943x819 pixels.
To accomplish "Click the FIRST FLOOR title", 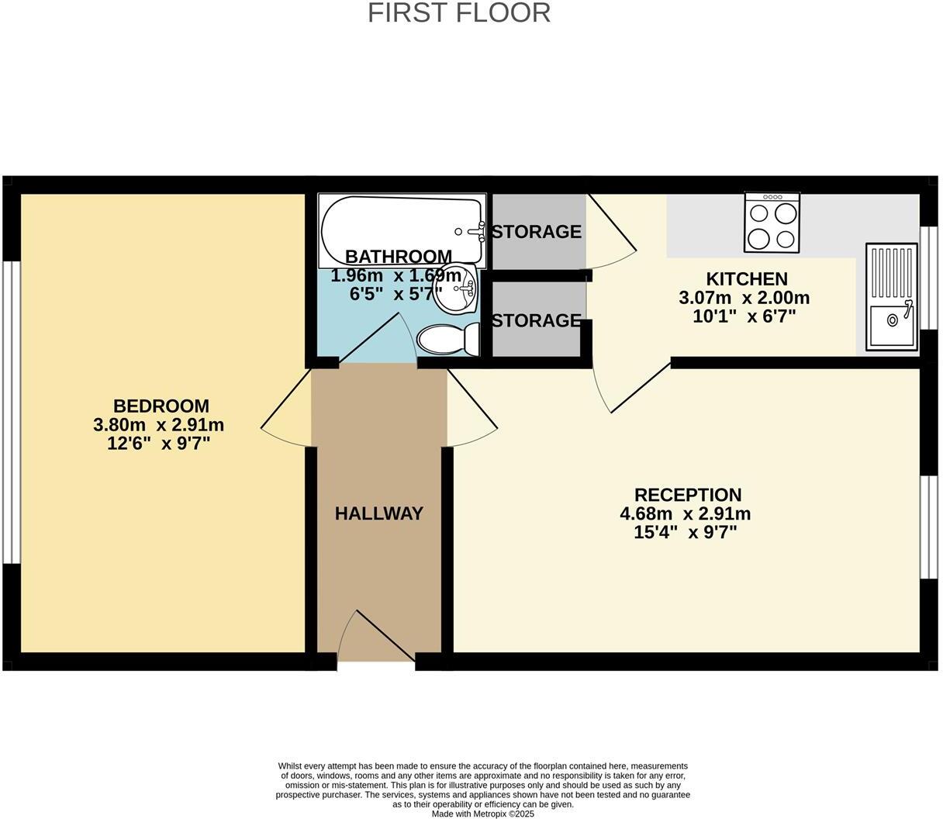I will click(459, 13).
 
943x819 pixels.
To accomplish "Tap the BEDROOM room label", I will click(161, 406).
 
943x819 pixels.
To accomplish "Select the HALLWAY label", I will click(379, 513).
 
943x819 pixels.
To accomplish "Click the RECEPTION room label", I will click(687, 495).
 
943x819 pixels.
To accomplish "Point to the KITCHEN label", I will click(746, 278).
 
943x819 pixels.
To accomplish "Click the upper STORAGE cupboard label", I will click(537, 231).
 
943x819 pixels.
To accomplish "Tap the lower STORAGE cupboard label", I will click(537, 320).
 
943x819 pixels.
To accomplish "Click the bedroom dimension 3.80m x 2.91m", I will click(158, 425).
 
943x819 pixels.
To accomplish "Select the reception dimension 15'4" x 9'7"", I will click(685, 533).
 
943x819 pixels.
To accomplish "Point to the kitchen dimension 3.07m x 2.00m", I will click(744, 298).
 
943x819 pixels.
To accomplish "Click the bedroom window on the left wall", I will click(10, 411).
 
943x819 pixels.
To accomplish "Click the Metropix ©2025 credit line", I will click(482, 814).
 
